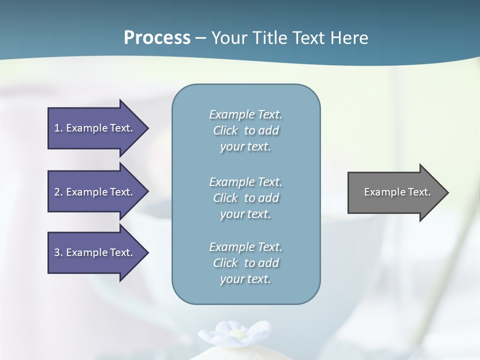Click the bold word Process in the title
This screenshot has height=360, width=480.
tap(157, 38)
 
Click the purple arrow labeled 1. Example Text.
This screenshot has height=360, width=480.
tap(95, 128)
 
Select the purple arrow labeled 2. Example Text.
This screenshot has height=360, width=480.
tap(95, 192)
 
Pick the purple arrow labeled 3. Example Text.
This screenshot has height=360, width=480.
tap(95, 252)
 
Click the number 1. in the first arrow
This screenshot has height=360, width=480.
tap(58, 128)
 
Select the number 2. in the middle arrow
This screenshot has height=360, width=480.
tap(58, 192)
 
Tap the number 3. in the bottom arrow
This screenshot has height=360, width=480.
tap(58, 252)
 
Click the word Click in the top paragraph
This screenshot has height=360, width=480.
tap(225, 131)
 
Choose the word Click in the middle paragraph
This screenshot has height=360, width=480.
tap(225, 198)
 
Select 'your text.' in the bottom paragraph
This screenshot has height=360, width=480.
tap(245, 279)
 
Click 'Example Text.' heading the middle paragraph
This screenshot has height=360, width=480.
tap(245, 182)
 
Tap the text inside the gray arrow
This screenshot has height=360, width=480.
tap(397, 192)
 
